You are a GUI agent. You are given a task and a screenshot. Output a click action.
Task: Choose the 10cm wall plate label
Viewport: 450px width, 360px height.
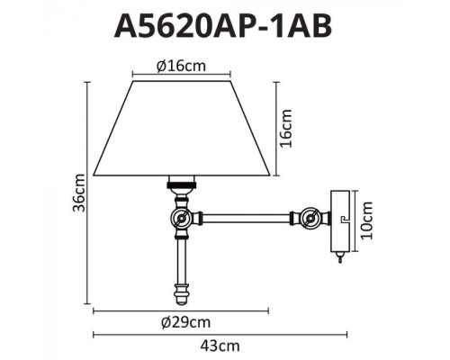tap(368, 219)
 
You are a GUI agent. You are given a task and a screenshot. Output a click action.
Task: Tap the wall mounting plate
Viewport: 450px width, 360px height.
tap(338, 219)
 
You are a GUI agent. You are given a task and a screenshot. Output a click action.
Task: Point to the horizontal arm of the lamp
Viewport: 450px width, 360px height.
tap(247, 216)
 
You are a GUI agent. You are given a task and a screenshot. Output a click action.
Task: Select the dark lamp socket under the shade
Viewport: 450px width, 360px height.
tap(184, 184)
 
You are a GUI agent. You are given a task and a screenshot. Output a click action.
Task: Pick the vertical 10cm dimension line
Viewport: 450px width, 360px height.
tap(356, 219)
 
